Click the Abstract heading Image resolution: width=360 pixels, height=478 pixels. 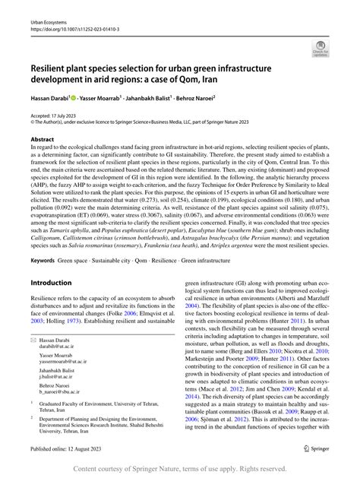pos(43,140)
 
